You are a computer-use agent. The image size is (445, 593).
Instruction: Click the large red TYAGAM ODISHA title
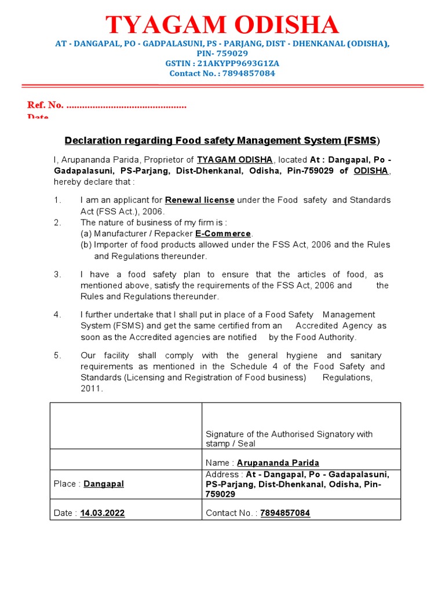tap(222, 25)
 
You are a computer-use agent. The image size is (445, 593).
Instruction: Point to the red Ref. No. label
tap(45, 105)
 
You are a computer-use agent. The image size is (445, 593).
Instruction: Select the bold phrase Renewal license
tap(199, 200)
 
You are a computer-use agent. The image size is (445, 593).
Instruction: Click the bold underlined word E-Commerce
tap(223, 233)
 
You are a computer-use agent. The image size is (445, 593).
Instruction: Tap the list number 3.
tap(57, 274)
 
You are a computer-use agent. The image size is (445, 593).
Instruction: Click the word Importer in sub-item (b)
tap(110, 244)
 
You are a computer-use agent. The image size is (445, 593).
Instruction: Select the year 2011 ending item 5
tap(92, 389)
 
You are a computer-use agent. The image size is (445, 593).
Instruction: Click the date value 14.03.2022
tap(103, 513)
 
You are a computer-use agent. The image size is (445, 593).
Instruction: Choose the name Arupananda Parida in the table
tap(278, 463)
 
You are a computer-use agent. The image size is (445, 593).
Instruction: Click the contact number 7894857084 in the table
tap(285, 513)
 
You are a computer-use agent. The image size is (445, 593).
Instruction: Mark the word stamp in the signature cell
tap(217, 444)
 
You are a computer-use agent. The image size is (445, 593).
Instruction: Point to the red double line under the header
tap(222, 86)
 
